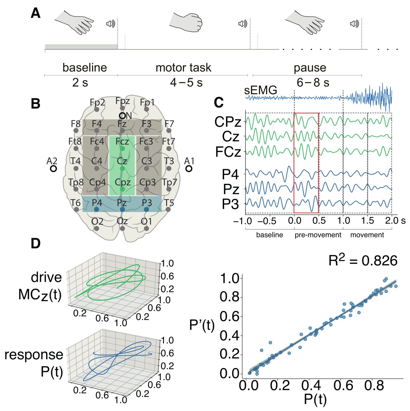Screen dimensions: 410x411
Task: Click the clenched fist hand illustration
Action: [x=186, y=22]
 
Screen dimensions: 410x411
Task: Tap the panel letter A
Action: [x=36, y=13]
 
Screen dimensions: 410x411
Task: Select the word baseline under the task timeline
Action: [x=85, y=67]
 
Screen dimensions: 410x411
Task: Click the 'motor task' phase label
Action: [x=183, y=67]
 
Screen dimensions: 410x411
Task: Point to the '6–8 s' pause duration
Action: [x=313, y=82]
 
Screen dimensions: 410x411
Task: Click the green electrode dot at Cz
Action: [x=122, y=169]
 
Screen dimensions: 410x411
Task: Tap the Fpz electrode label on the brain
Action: [x=122, y=101]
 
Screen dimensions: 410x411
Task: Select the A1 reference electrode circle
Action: [x=189, y=168]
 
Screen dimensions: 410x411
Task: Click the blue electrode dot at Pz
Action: [x=122, y=209]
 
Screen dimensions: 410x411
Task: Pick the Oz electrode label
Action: [x=122, y=221]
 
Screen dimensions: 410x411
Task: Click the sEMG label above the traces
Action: [x=260, y=90]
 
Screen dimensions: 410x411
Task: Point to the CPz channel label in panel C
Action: [x=228, y=122]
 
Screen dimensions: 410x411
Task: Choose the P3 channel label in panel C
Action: [x=230, y=204]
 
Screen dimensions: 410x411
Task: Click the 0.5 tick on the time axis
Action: [x=319, y=220]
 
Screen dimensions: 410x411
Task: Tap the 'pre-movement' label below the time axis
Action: [x=318, y=235]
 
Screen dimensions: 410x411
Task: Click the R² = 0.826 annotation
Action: [x=363, y=260]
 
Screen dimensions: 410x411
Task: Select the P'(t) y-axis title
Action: [x=202, y=325]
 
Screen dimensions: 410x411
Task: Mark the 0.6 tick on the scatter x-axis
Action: [x=343, y=386]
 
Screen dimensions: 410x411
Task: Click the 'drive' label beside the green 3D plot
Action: [x=46, y=277]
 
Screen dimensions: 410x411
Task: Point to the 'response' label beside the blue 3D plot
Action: [x=34, y=355]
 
